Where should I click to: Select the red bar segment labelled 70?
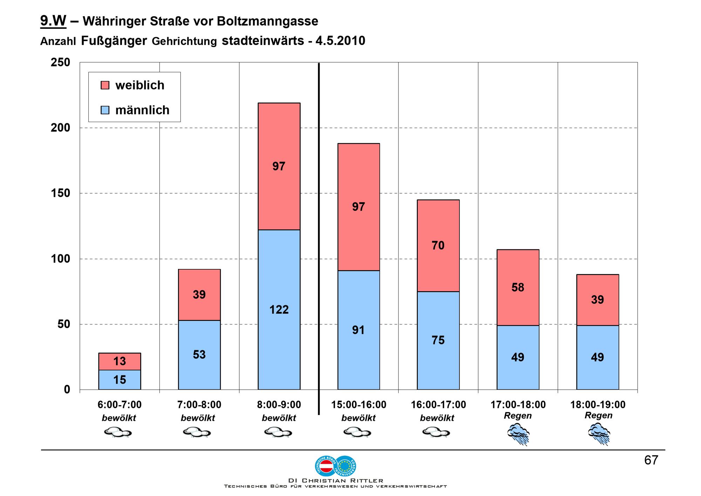(438, 246)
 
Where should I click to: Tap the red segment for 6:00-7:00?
(120, 361)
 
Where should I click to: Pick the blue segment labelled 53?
(199, 354)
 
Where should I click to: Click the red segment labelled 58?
(518, 287)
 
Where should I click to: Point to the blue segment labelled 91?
(359, 330)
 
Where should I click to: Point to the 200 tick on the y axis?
(61, 128)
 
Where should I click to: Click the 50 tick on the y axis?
(64, 324)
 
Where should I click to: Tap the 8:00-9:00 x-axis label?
(279, 405)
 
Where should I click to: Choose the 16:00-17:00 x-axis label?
(438, 405)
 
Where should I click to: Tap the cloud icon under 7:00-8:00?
(197, 432)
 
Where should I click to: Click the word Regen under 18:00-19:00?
(598, 416)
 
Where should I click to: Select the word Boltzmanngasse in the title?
(267, 21)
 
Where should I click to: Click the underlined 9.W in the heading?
(53, 21)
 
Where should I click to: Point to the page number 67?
(651, 460)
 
